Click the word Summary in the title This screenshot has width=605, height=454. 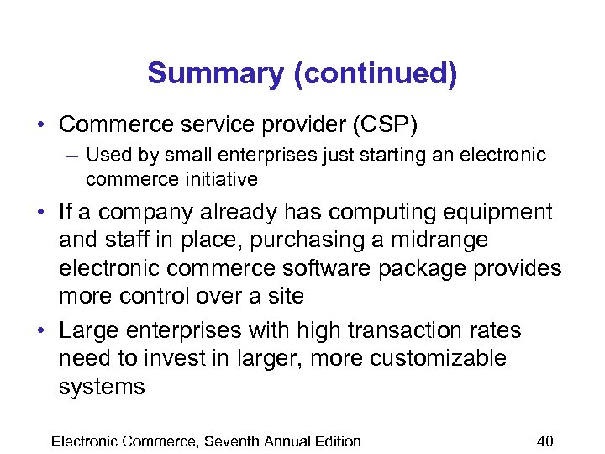[216, 74]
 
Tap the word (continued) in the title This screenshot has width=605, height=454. [376, 74]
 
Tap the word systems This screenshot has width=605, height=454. [102, 387]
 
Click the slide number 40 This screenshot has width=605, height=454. [544, 441]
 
